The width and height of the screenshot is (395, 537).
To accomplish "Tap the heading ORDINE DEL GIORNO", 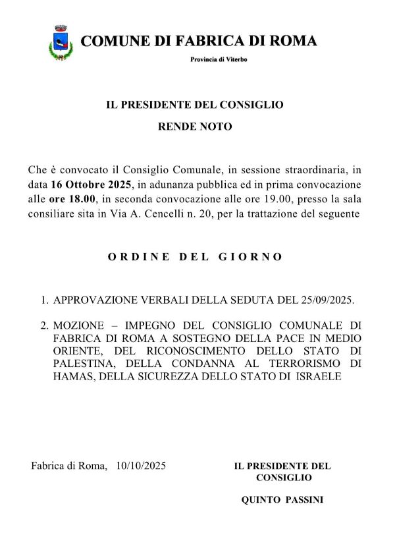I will [x=195, y=257].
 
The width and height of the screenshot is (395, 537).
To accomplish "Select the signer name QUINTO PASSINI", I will [x=282, y=501].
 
